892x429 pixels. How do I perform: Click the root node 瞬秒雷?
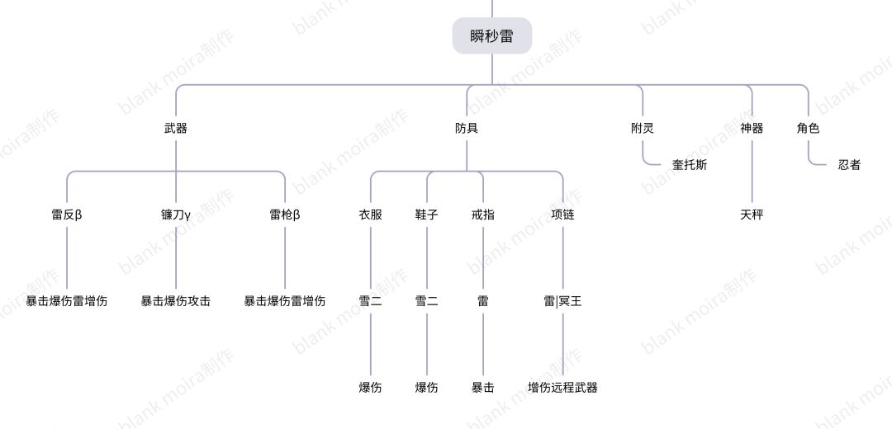pyautogui.click(x=492, y=35)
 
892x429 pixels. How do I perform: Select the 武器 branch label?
pyautogui.click(x=176, y=129)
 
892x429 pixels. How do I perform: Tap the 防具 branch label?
pyautogui.click(x=467, y=129)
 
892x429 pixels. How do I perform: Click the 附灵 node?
pyautogui.click(x=643, y=129)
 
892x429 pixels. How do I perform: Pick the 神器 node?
pyautogui.click(x=752, y=129)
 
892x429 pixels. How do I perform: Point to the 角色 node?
pyautogui.click(x=808, y=129)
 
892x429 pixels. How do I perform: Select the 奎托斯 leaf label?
pyautogui.click(x=690, y=165)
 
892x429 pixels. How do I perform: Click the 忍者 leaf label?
pyautogui.click(x=849, y=165)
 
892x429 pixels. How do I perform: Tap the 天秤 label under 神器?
pyautogui.click(x=752, y=214)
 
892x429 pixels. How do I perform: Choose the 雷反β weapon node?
pyautogui.click(x=67, y=214)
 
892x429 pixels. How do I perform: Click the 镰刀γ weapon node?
pyautogui.click(x=176, y=214)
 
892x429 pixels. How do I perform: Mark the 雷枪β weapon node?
pyautogui.click(x=284, y=214)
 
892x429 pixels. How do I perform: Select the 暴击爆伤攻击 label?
pyautogui.click(x=176, y=301)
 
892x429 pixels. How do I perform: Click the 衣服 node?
pyautogui.click(x=370, y=214)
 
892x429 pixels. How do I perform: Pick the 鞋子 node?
pyautogui.click(x=427, y=214)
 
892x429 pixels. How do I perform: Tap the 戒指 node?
pyautogui.click(x=483, y=214)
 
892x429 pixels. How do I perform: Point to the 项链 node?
pyautogui.click(x=562, y=214)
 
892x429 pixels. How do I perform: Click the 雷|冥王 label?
pyautogui.click(x=562, y=301)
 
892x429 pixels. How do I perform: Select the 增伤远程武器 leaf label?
pyautogui.click(x=562, y=388)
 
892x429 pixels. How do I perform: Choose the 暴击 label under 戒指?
pyautogui.click(x=483, y=388)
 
